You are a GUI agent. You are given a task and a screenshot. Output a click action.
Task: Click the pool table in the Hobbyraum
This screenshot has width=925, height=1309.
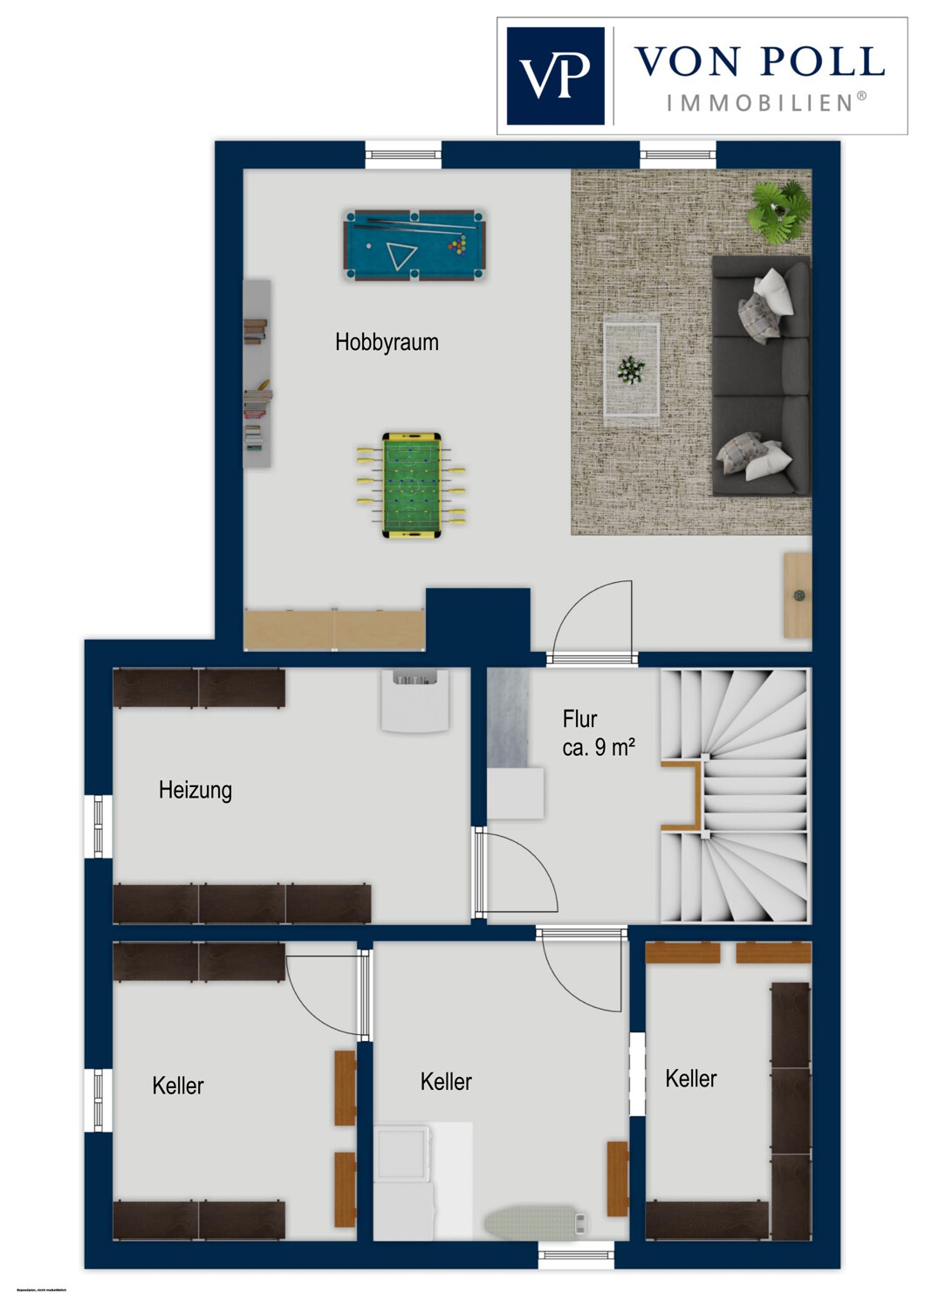coord(414,245)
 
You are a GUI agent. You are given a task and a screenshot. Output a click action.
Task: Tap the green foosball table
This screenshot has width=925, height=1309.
coord(411,484)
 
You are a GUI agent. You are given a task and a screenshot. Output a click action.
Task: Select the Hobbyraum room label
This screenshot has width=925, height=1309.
coord(387,342)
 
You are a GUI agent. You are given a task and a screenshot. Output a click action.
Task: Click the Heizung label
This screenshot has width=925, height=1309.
coord(195,791)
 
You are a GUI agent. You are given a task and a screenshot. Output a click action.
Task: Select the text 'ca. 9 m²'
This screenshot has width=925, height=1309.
coord(599,748)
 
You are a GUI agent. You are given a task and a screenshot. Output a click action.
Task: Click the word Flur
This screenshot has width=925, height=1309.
coord(579,720)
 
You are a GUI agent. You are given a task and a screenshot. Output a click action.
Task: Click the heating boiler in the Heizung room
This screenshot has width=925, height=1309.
coord(415,700)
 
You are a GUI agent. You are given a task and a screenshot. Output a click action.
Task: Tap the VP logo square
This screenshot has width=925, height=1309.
coord(555,76)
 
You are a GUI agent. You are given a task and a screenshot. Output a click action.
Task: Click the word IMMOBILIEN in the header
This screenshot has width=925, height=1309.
coord(760,103)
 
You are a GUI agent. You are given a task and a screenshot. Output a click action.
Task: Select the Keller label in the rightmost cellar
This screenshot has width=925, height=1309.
coord(691,1079)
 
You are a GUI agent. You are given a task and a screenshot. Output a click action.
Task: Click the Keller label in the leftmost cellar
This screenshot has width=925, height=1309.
coord(178,1086)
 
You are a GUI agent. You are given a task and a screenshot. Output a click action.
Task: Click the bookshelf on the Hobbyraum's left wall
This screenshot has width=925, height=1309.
coord(257,374)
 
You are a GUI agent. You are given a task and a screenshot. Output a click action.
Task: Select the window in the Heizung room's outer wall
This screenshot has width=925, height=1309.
coord(99,826)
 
